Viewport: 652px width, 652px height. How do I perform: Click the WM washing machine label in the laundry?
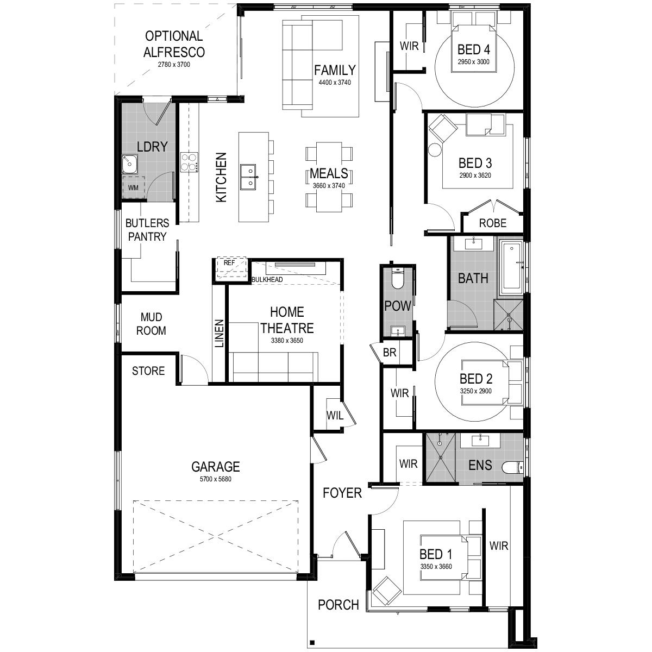pos(133,188)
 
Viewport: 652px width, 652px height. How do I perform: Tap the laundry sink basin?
pos(130,165)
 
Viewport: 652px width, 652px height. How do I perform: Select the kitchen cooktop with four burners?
pos(189,162)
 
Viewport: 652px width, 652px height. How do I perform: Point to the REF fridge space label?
pos(229,263)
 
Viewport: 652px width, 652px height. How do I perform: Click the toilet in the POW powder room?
pos(397,278)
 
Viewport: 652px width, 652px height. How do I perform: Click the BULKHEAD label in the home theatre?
pos(267,279)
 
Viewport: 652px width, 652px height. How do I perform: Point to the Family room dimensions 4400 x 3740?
pos(335,83)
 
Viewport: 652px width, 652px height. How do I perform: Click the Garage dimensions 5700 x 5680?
pos(216,479)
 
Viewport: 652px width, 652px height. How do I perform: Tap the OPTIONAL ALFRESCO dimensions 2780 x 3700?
pos(174,65)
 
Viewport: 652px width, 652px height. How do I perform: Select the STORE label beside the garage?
pos(148,371)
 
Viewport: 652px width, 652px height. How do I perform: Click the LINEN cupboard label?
pos(220,333)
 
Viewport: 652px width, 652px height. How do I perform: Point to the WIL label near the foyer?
pos(335,416)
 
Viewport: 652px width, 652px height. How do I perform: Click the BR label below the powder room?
pos(390,352)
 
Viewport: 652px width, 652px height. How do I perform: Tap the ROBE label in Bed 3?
pos(493,223)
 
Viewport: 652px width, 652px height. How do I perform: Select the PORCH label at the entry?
pos(338,605)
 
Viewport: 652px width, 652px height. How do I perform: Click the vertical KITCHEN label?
pos(221,177)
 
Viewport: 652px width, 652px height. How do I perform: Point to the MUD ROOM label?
pos(151,324)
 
